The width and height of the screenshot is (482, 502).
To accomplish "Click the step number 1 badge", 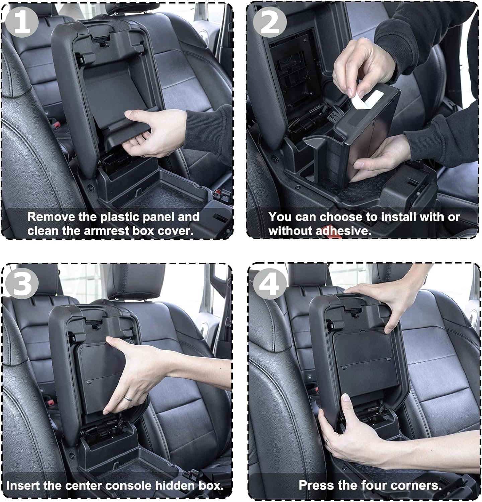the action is click(22, 22).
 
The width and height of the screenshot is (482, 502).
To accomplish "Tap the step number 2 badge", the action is click(270, 22).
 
